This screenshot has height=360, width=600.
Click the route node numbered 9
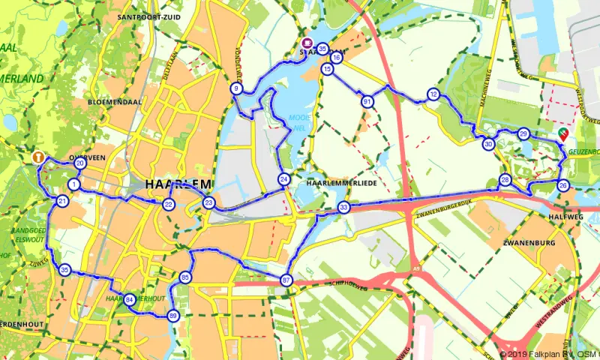click(236, 89)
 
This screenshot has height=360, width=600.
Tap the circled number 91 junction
click(367, 101)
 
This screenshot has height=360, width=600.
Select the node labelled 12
click(433, 94)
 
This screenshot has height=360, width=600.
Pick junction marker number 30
click(488, 144)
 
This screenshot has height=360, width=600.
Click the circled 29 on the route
click(523, 134)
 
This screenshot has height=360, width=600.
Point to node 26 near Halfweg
click(563, 185)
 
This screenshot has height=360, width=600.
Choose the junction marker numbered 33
click(343, 208)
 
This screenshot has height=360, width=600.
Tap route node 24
click(283, 179)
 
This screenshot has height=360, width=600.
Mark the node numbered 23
click(209, 202)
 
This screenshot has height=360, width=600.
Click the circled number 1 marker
click(74, 184)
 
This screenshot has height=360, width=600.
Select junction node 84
click(130, 299)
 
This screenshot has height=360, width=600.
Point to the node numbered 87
click(286, 280)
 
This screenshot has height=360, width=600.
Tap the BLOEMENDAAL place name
click(110, 100)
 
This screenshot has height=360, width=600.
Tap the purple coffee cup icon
click(307, 43)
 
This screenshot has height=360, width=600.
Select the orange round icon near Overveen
click(37, 157)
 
